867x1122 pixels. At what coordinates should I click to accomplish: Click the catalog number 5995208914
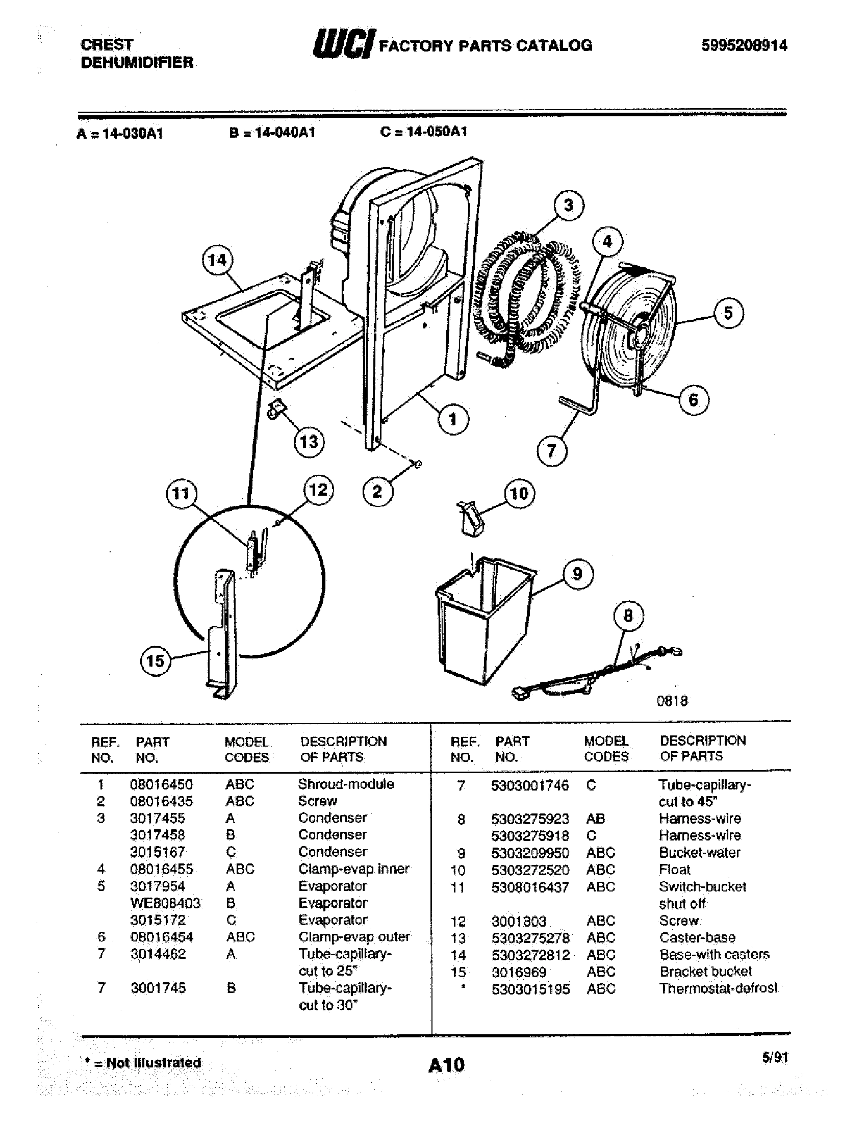(x=744, y=46)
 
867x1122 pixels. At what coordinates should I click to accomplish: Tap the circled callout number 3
(x=569, y=206)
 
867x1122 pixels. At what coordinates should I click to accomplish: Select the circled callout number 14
(x=217, y=261)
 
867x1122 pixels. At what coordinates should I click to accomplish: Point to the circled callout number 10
(x=519, y=494)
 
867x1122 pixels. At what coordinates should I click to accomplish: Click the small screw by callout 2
(x=419, y=465)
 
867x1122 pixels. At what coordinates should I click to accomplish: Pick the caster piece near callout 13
(x=276, y=409)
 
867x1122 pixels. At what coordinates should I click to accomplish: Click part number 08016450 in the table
(x=161, y=784)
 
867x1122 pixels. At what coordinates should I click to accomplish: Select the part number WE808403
(x=165, y=903)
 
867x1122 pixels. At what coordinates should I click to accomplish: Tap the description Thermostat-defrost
(x=718, y=988)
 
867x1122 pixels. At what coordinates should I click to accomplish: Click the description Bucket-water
(x=700, y=852)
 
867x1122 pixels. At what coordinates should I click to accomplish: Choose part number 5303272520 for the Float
(x=529, y=870)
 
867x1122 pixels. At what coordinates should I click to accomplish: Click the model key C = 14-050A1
(x=424, y=132)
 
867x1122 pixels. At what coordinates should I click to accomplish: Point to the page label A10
(x=446, y=1065)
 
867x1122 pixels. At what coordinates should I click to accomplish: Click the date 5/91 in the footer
(x=775, y=1057)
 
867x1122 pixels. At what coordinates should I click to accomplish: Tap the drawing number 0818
(x=672, y=701)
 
